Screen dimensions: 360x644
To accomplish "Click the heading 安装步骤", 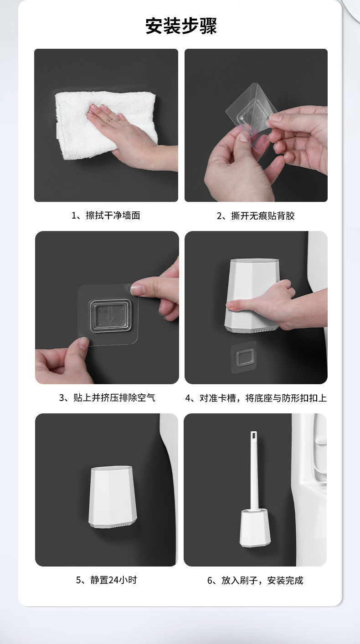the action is coord(181,26).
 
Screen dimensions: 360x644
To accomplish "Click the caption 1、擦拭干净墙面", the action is coord(106,215).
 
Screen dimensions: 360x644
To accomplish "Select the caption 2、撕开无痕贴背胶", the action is coord(256,216).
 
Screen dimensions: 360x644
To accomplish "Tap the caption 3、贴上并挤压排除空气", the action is coord(107,397).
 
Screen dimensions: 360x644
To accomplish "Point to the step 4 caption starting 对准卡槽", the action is coord(256,398).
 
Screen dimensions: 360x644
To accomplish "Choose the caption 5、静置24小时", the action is coord(106,580).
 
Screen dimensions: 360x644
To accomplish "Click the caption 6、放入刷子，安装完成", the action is coord(255,580).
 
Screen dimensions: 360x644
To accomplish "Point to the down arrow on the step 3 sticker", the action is coord(111,316).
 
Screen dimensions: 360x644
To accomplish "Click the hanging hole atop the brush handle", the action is coord(253,435).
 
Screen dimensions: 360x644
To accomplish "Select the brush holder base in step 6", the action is coord(255,528).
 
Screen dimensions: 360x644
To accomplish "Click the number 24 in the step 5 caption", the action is coord(113,580).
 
